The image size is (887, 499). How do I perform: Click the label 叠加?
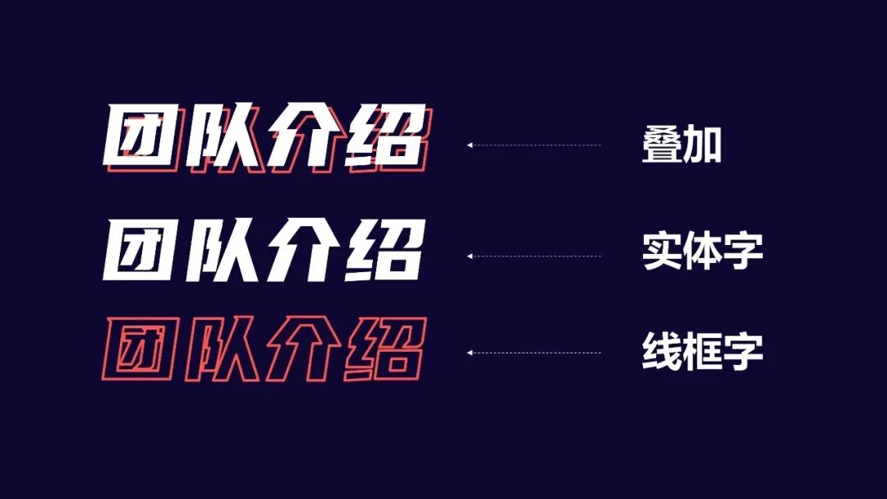[681, 146]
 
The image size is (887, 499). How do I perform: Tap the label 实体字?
[702, 254]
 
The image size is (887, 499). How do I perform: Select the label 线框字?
[702, 352]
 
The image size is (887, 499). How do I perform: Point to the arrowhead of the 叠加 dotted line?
[469, 145]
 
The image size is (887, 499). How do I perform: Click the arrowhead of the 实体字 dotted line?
[469, 256]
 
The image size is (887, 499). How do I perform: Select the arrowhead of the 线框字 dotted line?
[469, 353]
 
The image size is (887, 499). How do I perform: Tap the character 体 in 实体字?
[702, 254]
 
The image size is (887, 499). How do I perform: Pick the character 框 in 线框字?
[702, 352]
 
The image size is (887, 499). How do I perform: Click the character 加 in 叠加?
[703, 146]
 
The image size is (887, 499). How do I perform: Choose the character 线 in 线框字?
[662, 352]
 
